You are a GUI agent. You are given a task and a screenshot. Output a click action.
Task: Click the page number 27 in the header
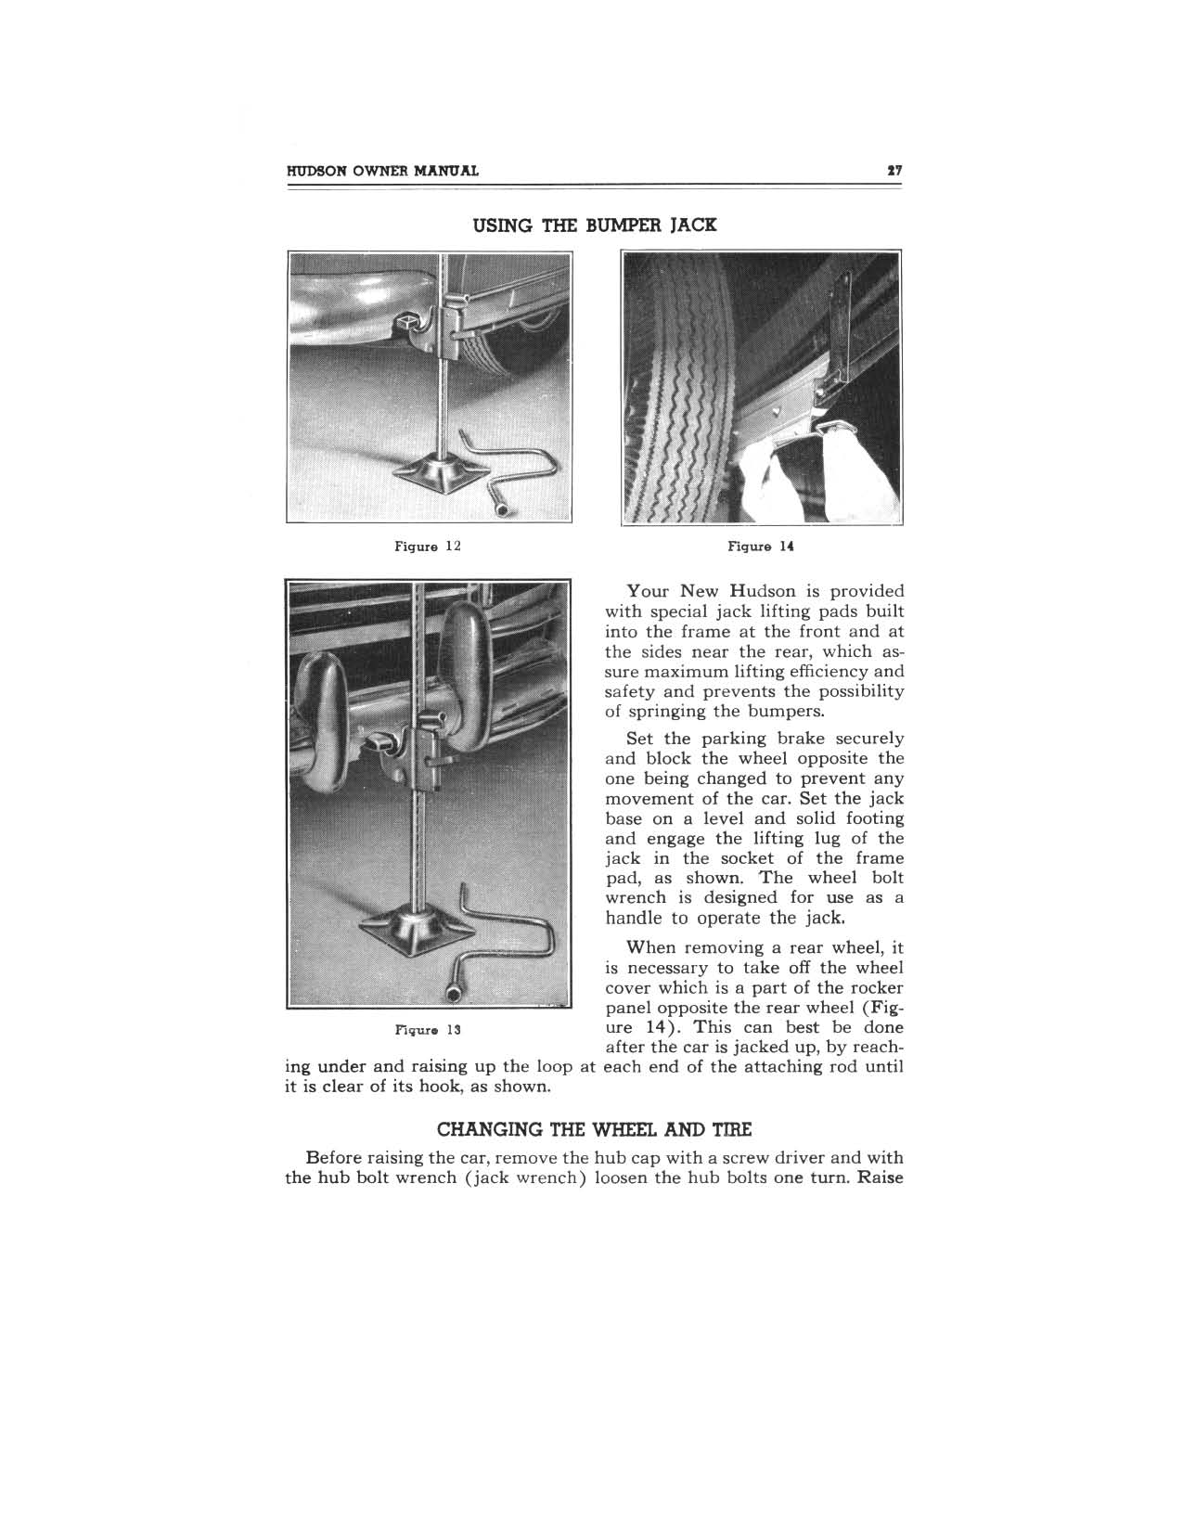[895, 171]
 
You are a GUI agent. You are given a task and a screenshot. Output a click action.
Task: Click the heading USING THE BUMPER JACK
[595, 225]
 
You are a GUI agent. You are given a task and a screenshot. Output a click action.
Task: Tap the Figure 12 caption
[428, 547]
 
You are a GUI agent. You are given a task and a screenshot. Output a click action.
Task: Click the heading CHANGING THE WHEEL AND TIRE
[594, 1130]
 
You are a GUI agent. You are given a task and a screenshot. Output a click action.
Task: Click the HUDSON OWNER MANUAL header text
[383, 171]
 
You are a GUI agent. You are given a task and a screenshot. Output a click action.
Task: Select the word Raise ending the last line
[881, 1178]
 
